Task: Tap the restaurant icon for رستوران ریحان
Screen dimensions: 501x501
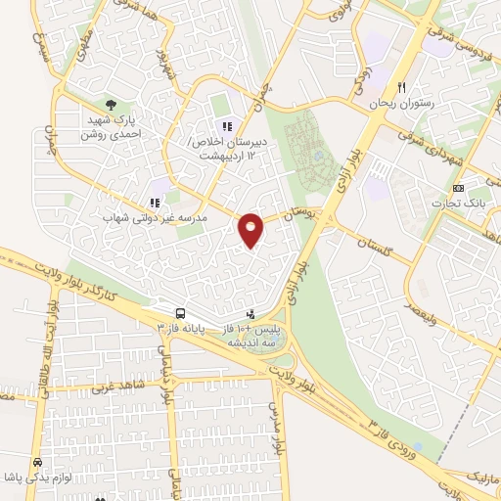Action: tap(400, 86)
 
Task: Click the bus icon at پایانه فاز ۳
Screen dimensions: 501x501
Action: tap(179, 314)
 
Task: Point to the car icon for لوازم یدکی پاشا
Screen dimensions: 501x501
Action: tap(37, 461)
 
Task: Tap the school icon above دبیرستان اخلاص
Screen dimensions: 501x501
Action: tap(227, 126)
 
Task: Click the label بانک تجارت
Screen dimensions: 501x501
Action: tap(460, 203)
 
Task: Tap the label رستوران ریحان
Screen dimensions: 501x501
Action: tap(400, 102)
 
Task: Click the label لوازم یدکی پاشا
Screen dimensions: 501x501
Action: tap(39, 478)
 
